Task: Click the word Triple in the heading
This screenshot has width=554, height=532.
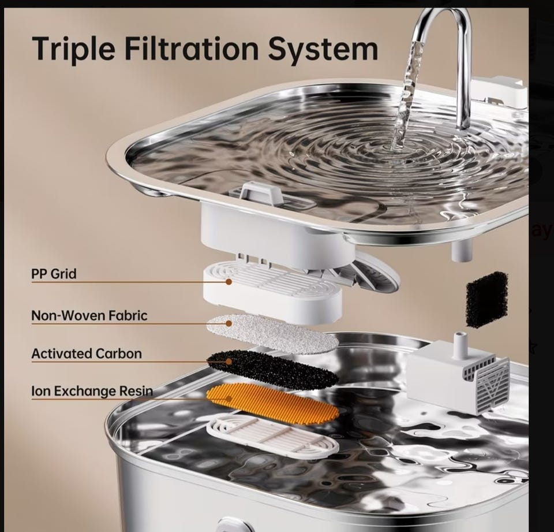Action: tap(73, 49)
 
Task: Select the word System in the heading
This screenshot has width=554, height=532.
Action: tap(323, 50)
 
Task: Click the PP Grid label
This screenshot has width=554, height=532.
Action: tap(54, 274)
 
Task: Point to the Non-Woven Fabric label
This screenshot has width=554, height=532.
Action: tap(89, 315)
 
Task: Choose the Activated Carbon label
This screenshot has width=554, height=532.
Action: tap(87, 354)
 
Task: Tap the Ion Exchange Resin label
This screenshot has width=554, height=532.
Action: tap(92, 391)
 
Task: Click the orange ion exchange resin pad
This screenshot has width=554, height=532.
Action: tap(272, 403)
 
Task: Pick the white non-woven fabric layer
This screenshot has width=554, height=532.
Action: tap(272, 334)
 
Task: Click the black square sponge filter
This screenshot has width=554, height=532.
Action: tap(487, 299)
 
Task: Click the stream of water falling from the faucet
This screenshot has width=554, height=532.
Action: tap(406, 95)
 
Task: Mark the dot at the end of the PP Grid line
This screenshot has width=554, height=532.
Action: tap(229, 282)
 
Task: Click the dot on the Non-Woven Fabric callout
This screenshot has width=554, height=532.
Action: tap(229, 323)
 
